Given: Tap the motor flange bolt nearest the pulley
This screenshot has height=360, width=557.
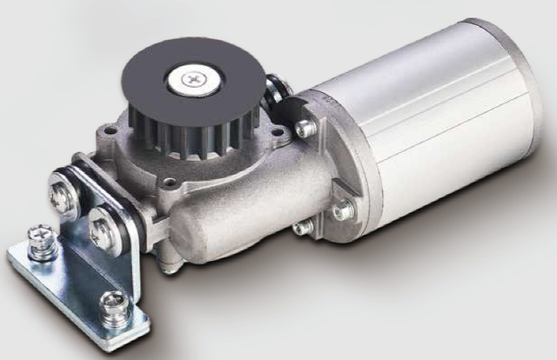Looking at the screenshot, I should (304, 129).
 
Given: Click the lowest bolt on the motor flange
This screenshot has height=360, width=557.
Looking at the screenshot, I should (304, 227).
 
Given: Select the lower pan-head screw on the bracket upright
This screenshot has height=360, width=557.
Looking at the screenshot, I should (101, 225).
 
